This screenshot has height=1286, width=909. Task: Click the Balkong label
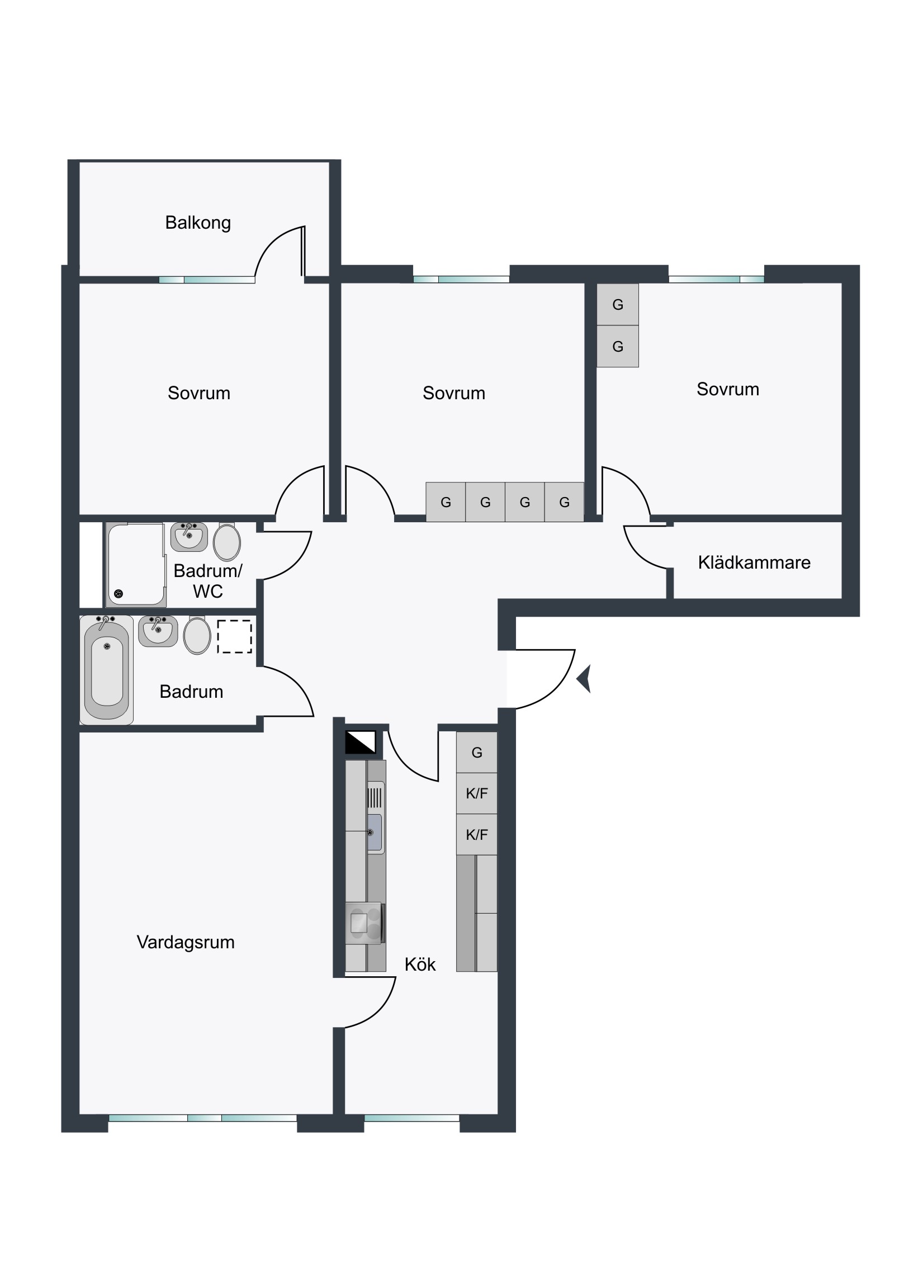(198, 223)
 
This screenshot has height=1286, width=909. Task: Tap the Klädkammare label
(754, 562)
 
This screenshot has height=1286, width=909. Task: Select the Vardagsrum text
(186, 942)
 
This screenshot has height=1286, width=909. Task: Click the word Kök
(420, 964)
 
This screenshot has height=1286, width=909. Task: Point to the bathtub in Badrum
(106, 670)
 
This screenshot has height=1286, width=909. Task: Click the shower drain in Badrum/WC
(118, 594)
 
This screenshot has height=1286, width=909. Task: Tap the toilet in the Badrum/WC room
(227, 542)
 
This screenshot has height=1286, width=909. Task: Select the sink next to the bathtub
(158, 631)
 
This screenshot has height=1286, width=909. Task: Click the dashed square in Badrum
(235, 636)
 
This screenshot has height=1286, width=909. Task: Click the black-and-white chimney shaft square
(361, 743)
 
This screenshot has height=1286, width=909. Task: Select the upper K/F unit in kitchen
(477, 793)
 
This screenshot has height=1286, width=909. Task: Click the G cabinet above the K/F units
(477, 752)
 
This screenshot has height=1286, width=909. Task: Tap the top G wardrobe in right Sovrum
(618, 305)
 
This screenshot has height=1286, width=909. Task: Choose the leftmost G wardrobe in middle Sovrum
(446, 502)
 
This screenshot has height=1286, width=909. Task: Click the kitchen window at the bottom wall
(411, 1118)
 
